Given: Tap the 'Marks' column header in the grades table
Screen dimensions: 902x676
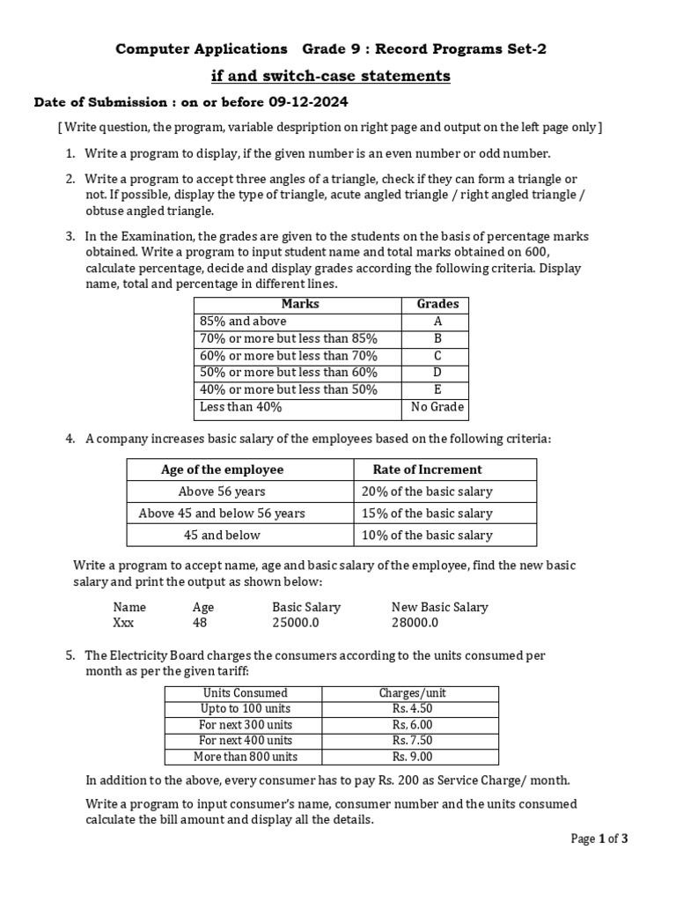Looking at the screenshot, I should (300, 304).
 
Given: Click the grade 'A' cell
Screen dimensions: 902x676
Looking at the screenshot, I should (437, 322).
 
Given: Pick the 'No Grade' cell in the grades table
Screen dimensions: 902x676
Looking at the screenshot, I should (437, 407).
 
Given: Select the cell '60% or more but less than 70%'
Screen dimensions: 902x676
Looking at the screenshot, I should (289, 356).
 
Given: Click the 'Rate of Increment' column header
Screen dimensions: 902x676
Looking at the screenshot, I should (427, 469).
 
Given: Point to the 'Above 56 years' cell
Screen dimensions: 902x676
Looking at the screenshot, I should (222, 492).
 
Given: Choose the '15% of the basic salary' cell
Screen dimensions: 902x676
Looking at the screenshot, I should (427, 513).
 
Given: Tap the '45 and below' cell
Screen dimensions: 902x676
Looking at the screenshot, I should (222, 535).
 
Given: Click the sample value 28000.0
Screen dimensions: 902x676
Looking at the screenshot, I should (415, 623).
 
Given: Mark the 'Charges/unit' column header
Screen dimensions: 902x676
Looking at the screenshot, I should (412, 693).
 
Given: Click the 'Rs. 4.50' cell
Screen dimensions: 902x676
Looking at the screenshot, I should (412, 709).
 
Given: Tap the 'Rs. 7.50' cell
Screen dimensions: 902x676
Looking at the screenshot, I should (412, 741).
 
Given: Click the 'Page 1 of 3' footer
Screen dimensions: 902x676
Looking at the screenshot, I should (599, 839).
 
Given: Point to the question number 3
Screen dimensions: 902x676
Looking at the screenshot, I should (70, 237).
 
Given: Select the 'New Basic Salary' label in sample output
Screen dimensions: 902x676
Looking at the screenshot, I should (439, 607).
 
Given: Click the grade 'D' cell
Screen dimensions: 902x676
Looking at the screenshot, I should (437, 373).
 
